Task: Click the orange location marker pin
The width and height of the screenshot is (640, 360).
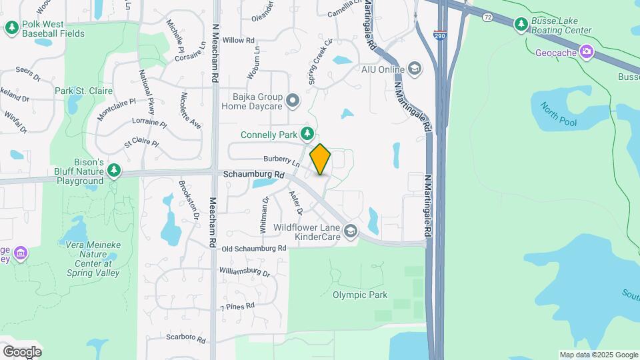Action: tap(320, 159)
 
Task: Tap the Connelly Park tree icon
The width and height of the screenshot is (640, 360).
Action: tap(307, 134)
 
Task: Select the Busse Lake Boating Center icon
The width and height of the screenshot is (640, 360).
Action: tap(521, 25)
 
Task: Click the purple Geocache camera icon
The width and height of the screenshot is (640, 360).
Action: tap(586, 51)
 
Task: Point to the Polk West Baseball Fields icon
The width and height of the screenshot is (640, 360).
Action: tap(11, 27)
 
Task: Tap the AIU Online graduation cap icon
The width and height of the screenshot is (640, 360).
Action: tap(415, 69)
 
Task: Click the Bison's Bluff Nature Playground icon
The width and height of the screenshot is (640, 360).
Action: tap(114, 171)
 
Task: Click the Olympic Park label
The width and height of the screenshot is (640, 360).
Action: tap(360, 295)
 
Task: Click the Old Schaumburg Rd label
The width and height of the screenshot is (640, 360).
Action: tap(254, 248)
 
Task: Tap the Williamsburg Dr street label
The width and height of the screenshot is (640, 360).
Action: tap(244, 272)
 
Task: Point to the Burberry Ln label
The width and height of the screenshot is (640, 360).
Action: tap(279, 160)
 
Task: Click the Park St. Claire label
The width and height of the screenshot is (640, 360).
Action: tap(84, 91)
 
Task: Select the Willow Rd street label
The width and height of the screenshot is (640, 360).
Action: tap(239, 41)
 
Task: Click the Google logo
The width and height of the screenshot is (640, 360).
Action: tap(22, 351)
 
